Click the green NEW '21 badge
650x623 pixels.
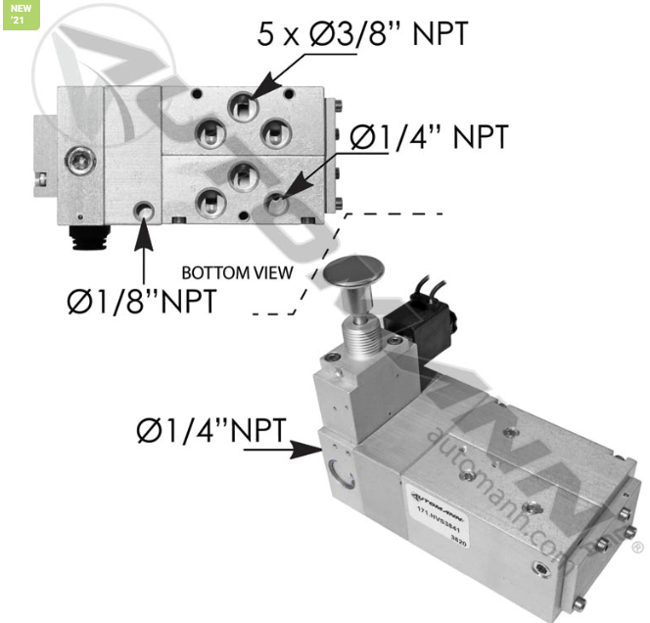tap(21, 14)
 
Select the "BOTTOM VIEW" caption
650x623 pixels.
tap(237, 272)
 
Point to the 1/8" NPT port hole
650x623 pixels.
tap(145, 211)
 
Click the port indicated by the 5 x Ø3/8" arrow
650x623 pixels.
tap(240, 104)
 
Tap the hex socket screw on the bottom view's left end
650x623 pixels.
tap(75, 157)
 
